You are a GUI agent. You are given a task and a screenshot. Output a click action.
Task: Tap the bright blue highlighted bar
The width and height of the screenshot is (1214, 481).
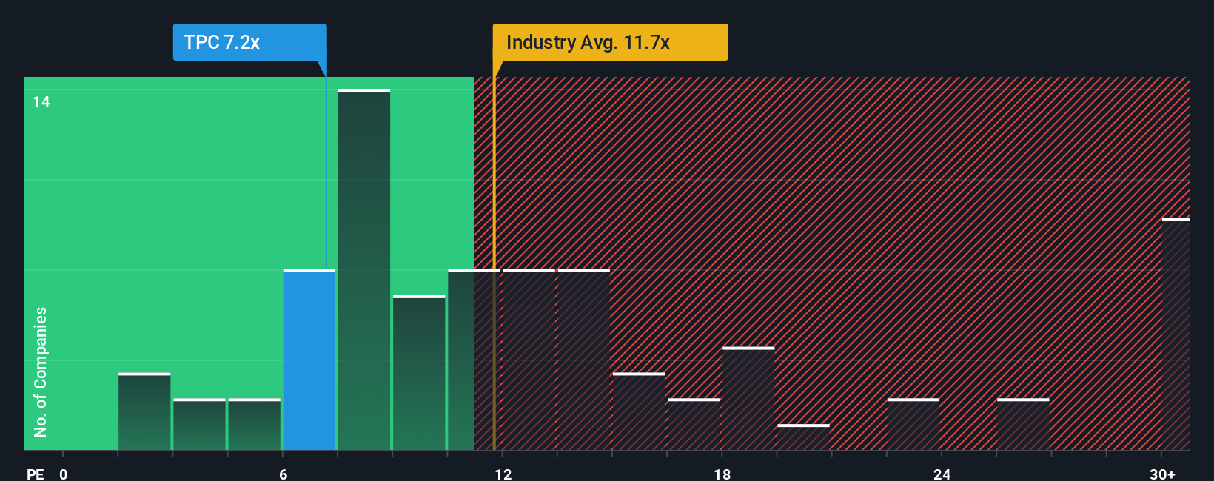tap(309, 360)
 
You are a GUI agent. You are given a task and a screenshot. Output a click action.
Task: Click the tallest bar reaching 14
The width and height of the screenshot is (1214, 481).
tap(364, 270)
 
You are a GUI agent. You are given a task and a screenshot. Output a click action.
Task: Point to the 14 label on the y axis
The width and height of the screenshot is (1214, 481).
tap(41, 101)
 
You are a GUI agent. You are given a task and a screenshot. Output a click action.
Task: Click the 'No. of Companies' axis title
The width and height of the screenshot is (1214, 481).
tap(41, 372)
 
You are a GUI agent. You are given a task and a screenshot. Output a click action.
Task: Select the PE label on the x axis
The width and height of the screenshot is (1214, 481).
tap(35, 474)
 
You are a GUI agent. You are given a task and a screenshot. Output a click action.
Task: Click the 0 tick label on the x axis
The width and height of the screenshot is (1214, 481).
tap(64, 474)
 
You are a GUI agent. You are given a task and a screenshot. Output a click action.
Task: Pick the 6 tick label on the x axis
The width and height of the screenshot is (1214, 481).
tap(283, 474)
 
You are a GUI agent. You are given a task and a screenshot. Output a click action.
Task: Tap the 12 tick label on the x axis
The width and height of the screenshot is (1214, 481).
tap(503, 474)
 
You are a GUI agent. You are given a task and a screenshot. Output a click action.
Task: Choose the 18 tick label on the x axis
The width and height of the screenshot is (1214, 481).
tap(722, 474)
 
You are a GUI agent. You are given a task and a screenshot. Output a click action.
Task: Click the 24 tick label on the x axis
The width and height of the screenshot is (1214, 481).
tap(942, 474)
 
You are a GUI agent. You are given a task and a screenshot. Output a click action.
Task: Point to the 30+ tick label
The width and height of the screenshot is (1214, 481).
tap(1162, 474)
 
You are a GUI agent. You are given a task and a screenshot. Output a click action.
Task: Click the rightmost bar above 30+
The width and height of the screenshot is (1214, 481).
tap(1176, 334)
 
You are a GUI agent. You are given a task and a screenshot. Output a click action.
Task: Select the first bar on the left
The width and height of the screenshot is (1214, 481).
tap(144, 412)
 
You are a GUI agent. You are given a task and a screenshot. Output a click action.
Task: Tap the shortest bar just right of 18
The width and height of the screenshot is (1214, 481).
tap(803, 437)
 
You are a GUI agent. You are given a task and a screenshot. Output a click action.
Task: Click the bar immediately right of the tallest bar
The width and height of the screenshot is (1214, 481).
tap(419, 373)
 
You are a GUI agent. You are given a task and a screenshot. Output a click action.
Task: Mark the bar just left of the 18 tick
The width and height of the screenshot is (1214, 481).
tap(694, 425)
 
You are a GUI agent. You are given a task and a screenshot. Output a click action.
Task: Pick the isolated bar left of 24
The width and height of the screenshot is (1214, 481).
tap(913, 425)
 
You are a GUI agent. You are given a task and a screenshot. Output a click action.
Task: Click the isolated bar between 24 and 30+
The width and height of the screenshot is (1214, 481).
tap(1023, 425)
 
